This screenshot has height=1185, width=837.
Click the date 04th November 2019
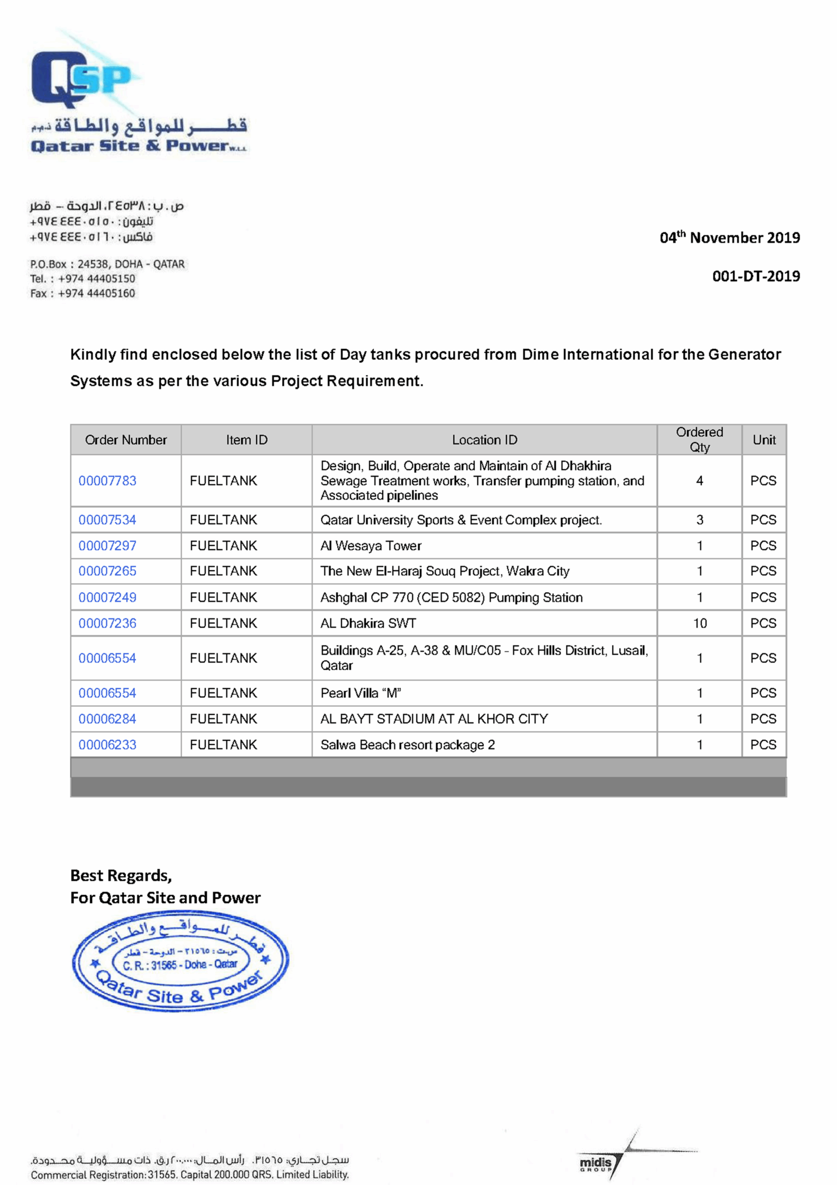[729, 237]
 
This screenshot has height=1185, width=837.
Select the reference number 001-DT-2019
[756, 276]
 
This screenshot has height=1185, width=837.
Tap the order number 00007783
[107, 480]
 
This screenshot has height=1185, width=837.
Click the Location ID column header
[484, 440]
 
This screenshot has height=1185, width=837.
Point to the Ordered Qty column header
[699, 439]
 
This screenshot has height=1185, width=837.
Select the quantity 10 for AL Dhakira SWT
[699, 623]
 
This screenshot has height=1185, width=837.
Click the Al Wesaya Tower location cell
[371, 546]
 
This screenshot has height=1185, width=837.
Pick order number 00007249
[107, 597]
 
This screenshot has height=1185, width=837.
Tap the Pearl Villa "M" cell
[361, 692]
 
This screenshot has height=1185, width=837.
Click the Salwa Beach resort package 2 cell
[407, 744]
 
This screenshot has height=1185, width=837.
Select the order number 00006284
[107, 718]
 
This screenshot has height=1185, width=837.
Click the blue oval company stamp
[180, 960]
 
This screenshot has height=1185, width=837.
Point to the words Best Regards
[121, 875]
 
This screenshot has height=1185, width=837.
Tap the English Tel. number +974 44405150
[97, 279]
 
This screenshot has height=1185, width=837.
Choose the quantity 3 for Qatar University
[699, 520]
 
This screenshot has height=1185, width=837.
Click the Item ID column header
[246, 440]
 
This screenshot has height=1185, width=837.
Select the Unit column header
[763, 440]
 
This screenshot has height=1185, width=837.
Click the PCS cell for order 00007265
[763, 571]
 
